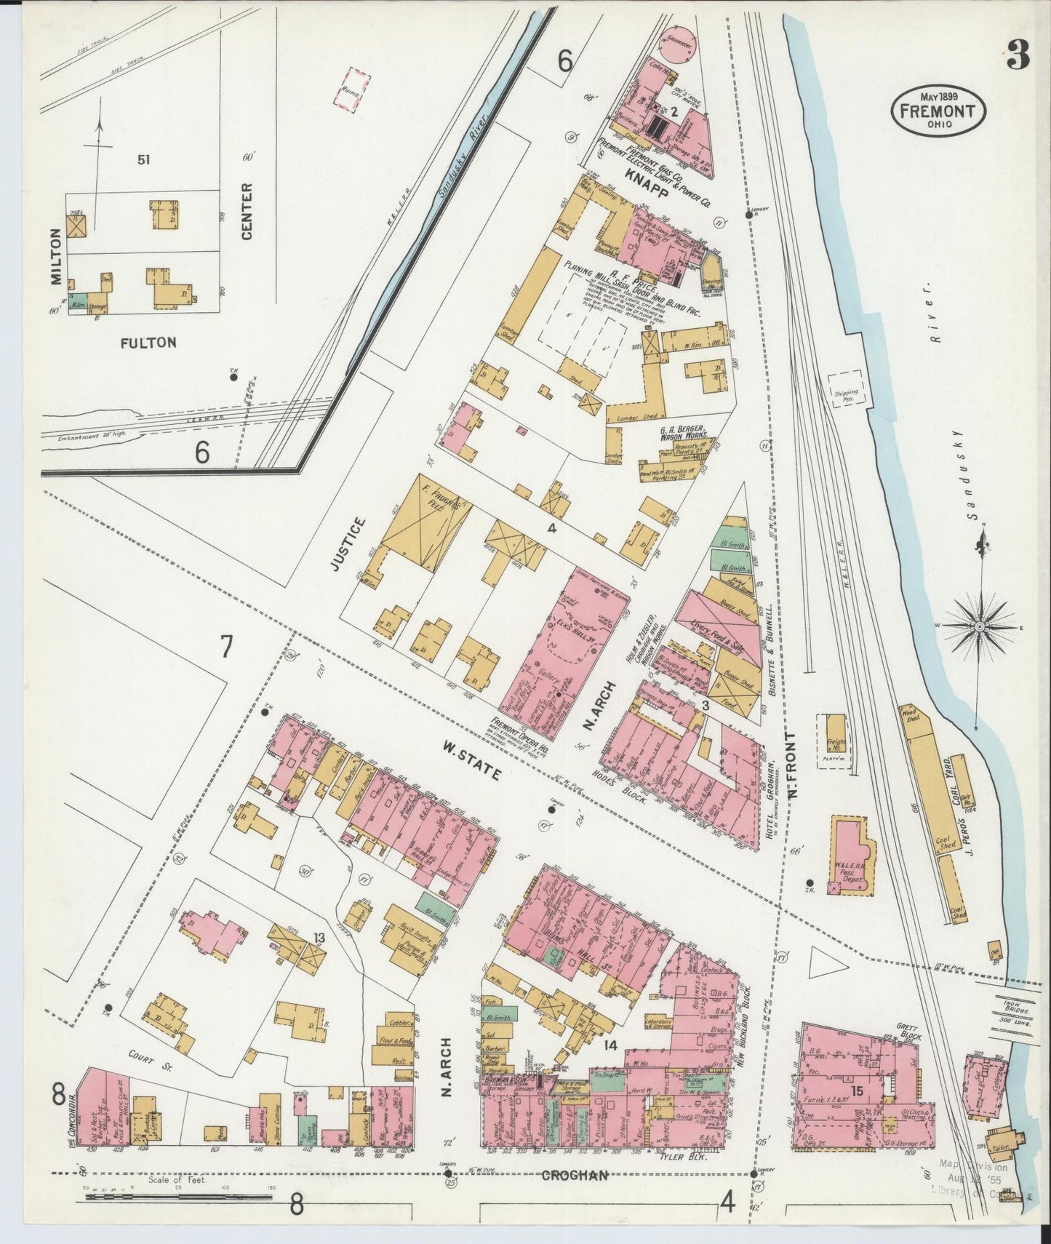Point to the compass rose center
980,626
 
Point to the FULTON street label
148,342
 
